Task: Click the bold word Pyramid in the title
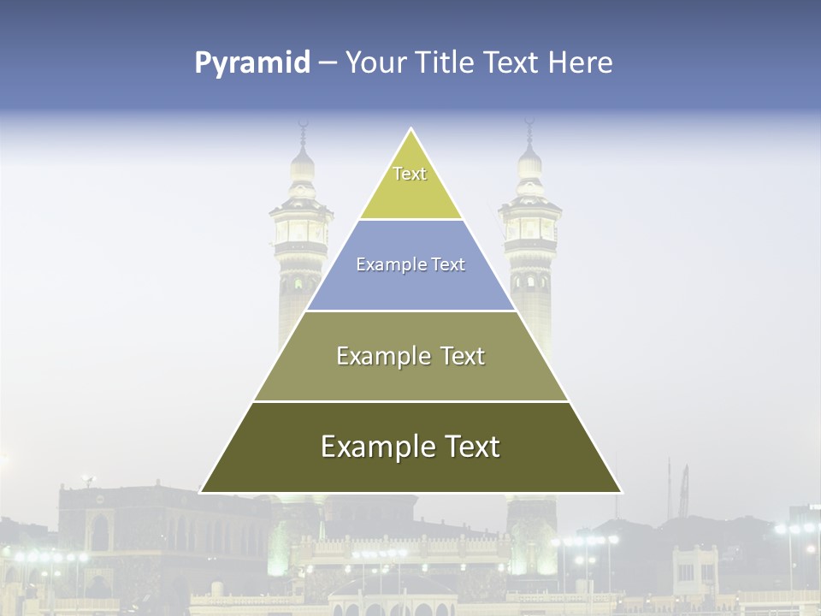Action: click(x=251, y=63)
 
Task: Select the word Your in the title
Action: click(x=376, y=63)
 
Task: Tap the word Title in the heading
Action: click(x=446, y=63)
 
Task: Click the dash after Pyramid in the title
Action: click(x=327, y=63)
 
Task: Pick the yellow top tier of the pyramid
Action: click(x=410, y=192)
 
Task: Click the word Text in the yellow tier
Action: click(x=410, y=174)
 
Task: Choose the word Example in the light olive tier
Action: click(x=381, y=356)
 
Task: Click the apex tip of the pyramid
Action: click(x=411, y=130)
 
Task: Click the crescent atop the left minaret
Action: click(x=301, y=126)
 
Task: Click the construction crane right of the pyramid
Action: click(x=683, y=492)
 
